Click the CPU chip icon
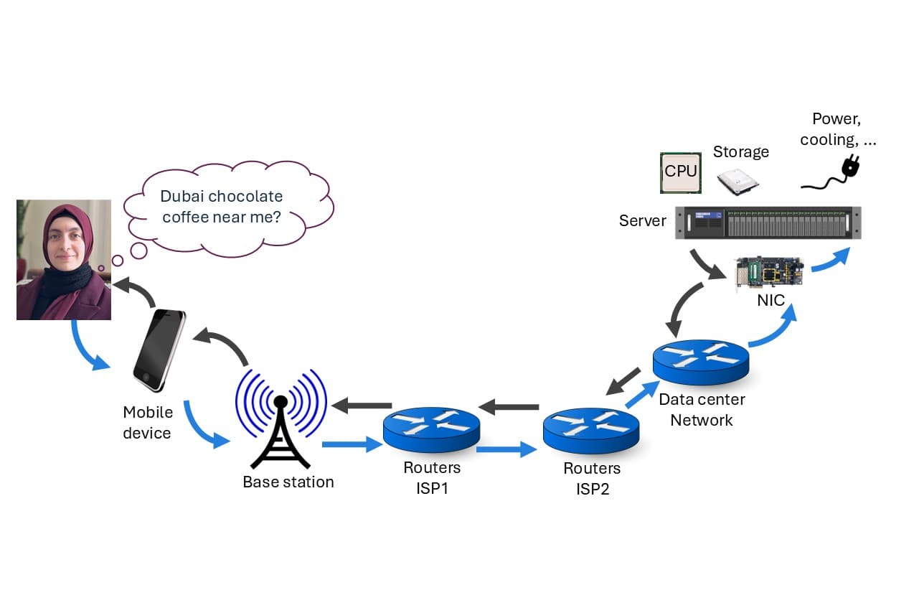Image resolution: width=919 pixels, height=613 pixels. [x=681, y=172]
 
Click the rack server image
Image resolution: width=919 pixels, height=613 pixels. [x=768, y=223]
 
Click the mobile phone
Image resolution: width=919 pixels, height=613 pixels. [x=159, y=350]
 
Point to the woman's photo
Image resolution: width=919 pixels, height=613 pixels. [x=64, y=260]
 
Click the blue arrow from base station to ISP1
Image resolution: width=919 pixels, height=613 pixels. [x=352, y=445]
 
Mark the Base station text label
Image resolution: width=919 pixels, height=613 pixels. [x=288, y=482]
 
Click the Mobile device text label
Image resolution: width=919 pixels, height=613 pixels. [x=147, y=423]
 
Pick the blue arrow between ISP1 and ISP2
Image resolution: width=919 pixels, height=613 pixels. [x=506, y=450]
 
